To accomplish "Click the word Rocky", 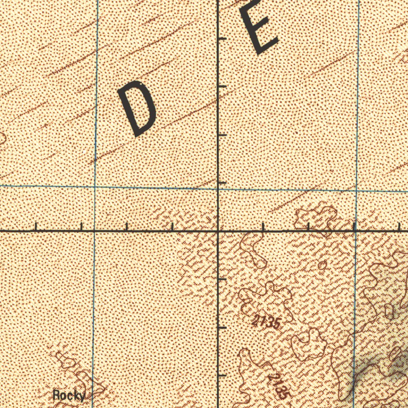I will [69, 396].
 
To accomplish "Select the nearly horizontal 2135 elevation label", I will [266, 322].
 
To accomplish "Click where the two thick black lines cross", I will [218, 231].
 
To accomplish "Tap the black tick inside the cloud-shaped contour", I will [309, 226].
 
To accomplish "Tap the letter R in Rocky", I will [57, 396].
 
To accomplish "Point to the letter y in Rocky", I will [82, 396].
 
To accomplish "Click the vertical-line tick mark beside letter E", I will [223, 38].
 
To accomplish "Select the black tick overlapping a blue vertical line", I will [354, 226].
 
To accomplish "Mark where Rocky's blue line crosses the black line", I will [94, 231].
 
